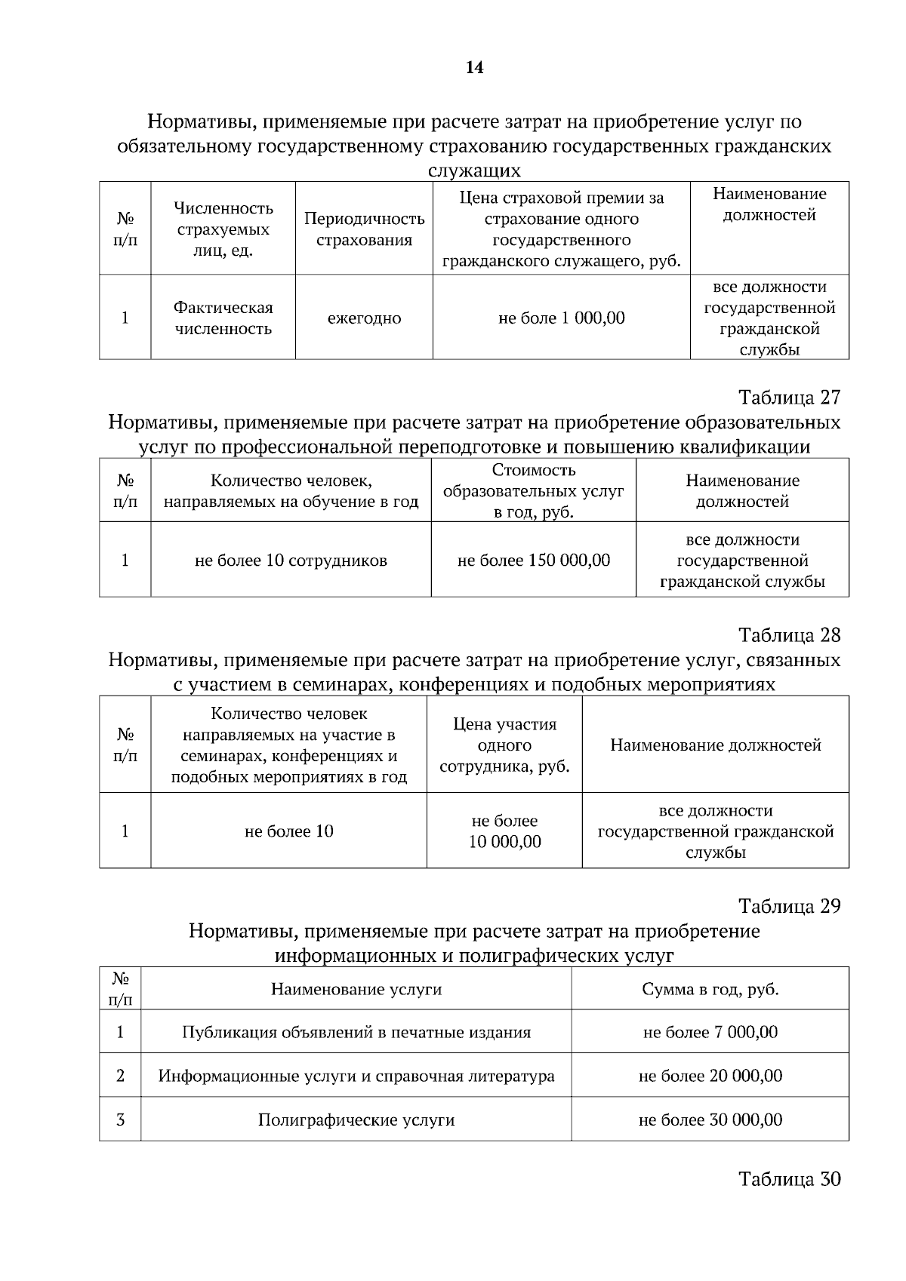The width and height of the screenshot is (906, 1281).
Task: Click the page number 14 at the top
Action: [x=474, y=68]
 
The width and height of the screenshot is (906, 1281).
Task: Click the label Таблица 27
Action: [x=789, y=397]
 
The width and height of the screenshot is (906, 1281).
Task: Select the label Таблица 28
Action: [x=789, y=634]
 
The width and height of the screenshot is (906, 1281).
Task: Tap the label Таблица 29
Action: [x=789, y=905]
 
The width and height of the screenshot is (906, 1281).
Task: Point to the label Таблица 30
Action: [x=789, y=1178]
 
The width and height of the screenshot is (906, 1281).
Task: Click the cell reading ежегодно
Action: [x=364, y=318]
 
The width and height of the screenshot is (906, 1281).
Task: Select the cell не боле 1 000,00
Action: [x=561, y=318]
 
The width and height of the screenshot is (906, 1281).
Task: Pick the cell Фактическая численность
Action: [x=223, y=318]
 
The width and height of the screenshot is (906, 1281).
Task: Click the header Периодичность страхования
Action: [x=364, y=229]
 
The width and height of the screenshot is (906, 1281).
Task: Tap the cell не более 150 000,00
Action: [x=534, y=561]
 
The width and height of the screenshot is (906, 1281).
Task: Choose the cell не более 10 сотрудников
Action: [x=291, y=561]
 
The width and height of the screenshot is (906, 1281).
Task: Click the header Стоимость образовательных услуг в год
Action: [x=534, y=491]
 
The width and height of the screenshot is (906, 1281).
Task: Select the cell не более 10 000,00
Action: [x=504, y=831]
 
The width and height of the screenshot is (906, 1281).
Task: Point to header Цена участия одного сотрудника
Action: [x=504, y=745]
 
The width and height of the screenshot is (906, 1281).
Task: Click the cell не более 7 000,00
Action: [x=710, y=1032]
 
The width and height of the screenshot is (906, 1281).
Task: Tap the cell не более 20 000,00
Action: [x=710, y=1076]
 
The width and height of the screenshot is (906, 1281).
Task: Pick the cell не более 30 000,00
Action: [x=710, y=1120]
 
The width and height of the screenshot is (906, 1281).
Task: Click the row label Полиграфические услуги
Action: [x=356, y=1120]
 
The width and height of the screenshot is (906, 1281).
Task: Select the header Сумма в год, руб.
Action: [x=710, y=989]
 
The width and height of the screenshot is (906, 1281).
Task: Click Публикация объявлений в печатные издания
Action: [x=356, y=1032]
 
